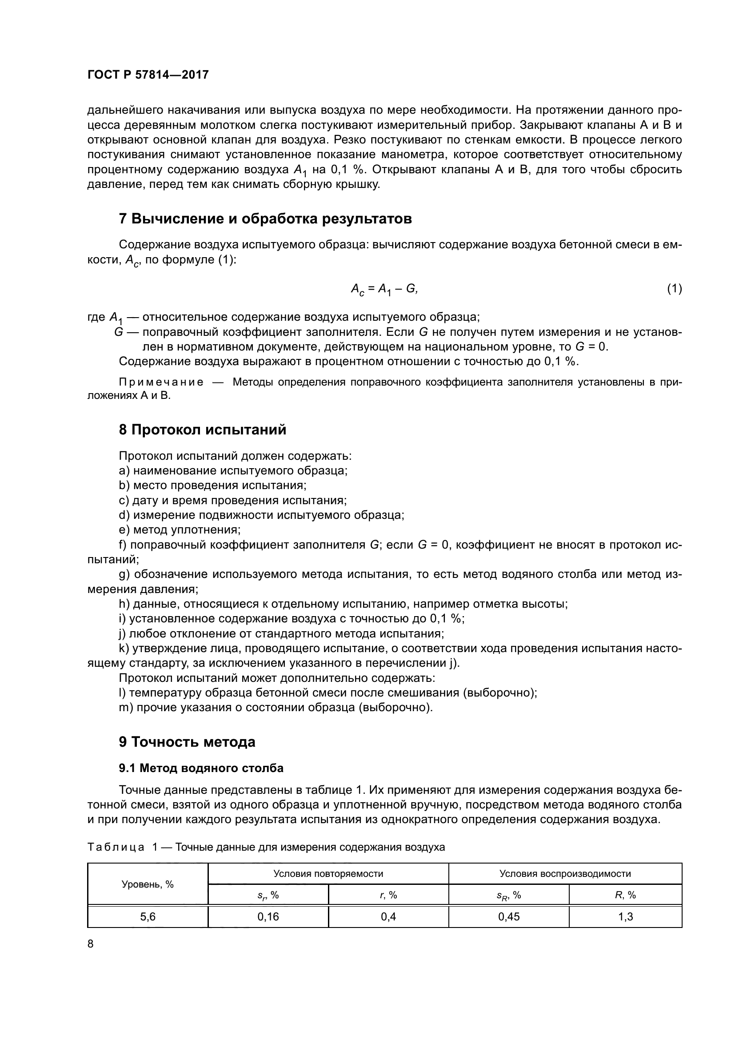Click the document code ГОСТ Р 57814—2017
coord(148,75)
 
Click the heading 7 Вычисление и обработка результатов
coord(265,219)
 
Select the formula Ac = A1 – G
coord(384,289)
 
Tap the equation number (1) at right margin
coord(674,288)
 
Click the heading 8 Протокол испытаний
coord(203,430)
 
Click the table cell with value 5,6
coord(148,917)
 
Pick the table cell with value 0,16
coord(268,917)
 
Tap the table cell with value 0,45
coord(509,917)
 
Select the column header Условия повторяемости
coord(328,874)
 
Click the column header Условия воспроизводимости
coord(565,874)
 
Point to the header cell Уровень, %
coord(148,884)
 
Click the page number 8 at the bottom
coord(91,944)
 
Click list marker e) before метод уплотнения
coord(124,530)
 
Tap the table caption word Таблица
coord(116,847)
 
